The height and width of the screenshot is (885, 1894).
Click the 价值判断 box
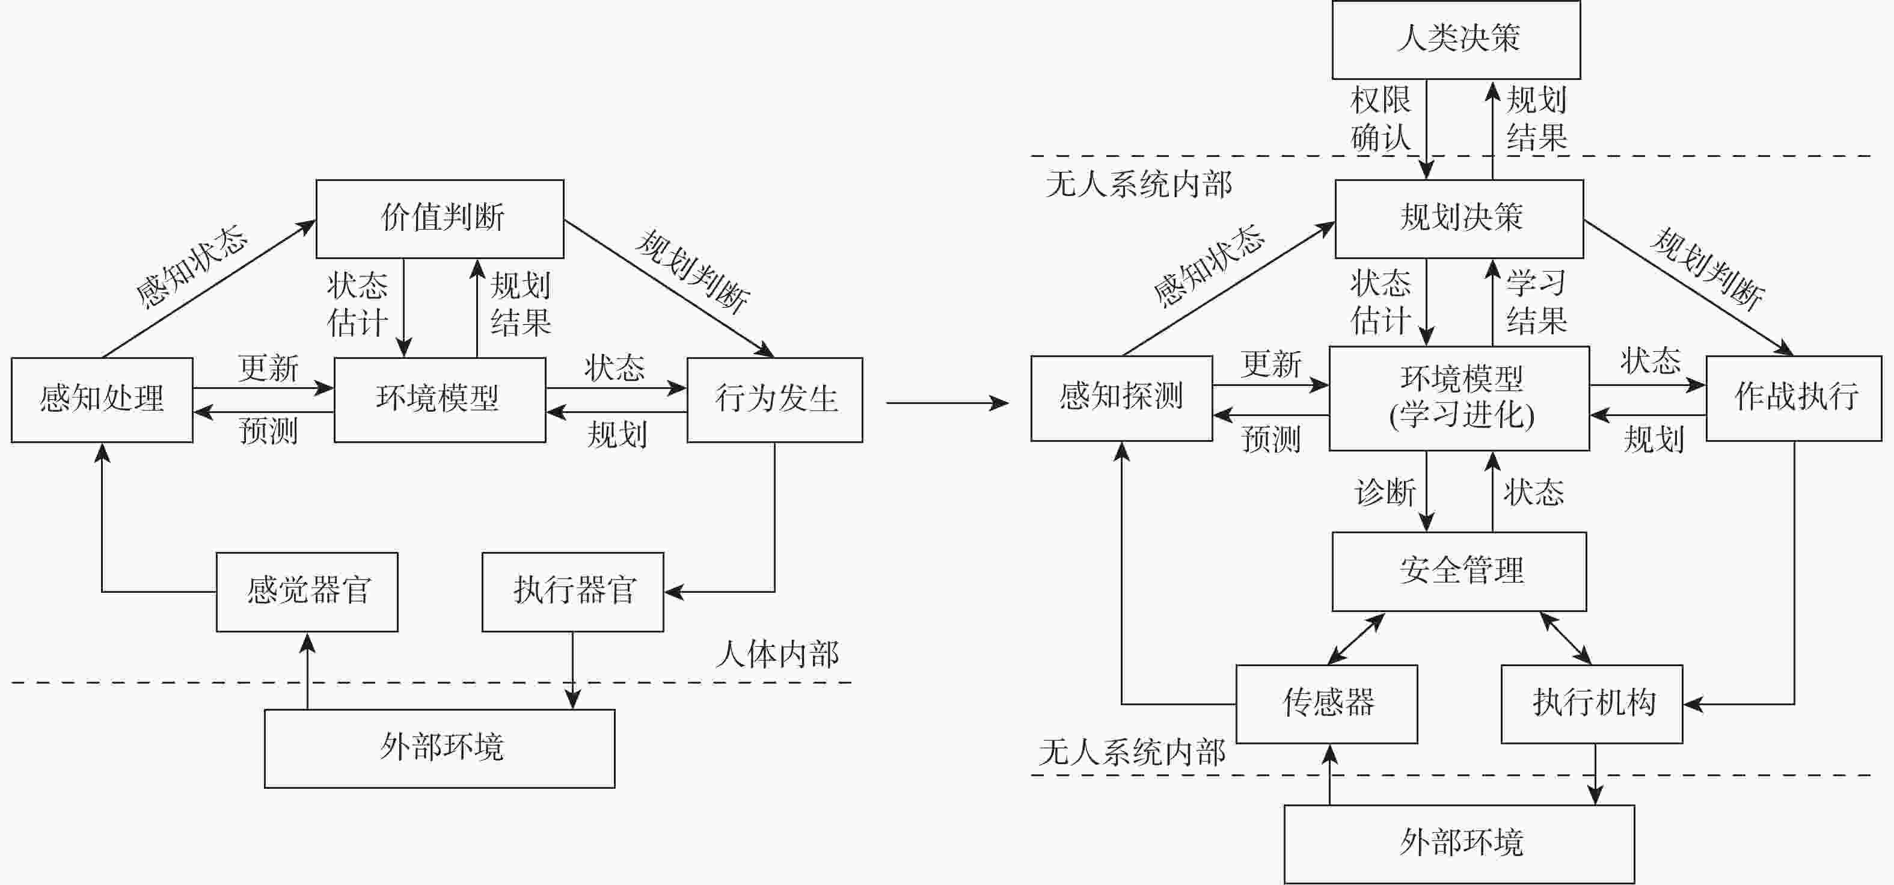[x=440, y=218]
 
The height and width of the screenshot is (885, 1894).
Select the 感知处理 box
[x=102, y=399]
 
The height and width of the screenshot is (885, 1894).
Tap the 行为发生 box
[x=775, y=399]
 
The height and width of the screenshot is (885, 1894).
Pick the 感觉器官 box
[x=307, y=591]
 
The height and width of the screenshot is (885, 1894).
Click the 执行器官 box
[x=573, y=591]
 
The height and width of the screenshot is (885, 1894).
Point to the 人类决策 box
[x=1456, y=39]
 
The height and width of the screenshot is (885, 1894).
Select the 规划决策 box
[x=1459, y=218]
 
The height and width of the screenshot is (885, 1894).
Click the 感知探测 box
[x=1121, y=397]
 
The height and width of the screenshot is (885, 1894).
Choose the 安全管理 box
[x=1459, y=571]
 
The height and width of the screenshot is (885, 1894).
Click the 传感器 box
[x=1326, y=703]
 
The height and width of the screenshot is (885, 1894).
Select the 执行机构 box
[x=1592, y=703]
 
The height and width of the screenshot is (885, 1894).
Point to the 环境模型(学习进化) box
[x=1459, y=397]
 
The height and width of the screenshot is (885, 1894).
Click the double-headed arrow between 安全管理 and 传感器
[x=1356, y=638]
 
